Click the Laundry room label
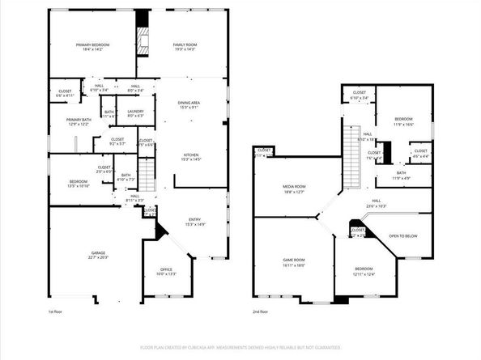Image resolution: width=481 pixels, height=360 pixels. (135, 113)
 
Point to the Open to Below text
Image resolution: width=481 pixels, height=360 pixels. (402, 236)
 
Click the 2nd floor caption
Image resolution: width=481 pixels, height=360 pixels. (260, 311)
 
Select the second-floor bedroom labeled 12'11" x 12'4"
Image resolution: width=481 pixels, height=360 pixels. (364, 270)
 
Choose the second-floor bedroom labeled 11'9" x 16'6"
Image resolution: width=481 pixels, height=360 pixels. (403, 121)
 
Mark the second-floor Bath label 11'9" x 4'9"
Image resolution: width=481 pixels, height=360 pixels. (402, 175)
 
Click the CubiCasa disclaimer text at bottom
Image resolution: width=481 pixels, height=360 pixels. (240, 346)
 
